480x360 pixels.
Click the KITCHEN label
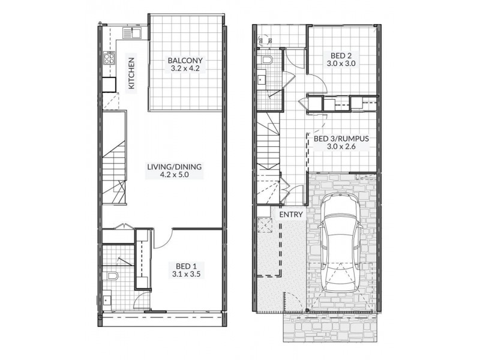point(131,73)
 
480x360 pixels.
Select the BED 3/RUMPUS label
point(341,138)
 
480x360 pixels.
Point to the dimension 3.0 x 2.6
point(341,147)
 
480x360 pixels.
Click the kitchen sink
point(132,33)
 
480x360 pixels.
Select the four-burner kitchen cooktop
point(110,59)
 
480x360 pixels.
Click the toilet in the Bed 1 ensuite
point(112,278)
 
